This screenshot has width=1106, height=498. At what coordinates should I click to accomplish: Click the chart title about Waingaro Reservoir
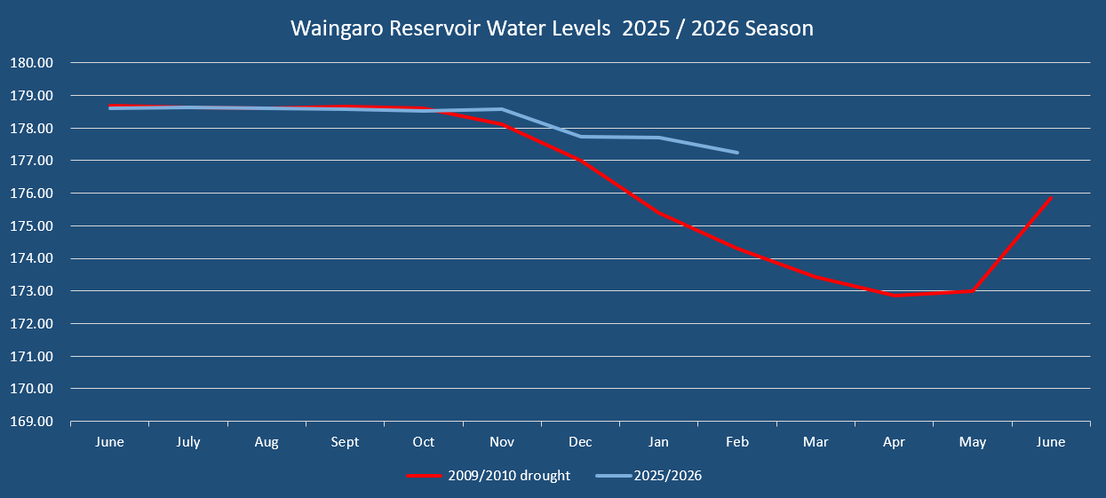(552, 28)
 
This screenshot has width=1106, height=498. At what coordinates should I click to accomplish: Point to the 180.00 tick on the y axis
(32, 63)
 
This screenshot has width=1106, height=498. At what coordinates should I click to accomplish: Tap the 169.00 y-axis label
(32, 422)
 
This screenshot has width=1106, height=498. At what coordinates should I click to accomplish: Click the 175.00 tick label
(32, 226)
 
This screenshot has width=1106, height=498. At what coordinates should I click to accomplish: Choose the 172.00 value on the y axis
(32, 324)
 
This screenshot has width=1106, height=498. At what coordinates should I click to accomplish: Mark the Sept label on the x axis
(345, 442)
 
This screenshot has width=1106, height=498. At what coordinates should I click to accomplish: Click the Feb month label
(737, 442)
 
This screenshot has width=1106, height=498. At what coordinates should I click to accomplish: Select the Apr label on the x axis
(895, 442)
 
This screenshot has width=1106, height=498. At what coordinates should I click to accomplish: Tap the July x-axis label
(188, 442)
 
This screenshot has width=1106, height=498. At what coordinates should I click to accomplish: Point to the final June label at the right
(1051, 442)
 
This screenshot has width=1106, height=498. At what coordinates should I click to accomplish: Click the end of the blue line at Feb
(737, 153)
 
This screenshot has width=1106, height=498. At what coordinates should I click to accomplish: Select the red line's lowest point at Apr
(895, 295)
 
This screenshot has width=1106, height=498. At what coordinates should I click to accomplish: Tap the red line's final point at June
(1051, 198)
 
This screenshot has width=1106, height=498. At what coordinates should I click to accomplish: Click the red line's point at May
(974, 290)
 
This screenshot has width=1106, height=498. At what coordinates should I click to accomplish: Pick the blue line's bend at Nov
(502, 109)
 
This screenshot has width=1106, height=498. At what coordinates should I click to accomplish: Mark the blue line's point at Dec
(581, 136)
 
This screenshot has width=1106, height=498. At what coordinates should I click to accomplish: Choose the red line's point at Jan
(659, 213)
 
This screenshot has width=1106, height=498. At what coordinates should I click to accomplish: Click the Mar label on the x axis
(816, 442)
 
